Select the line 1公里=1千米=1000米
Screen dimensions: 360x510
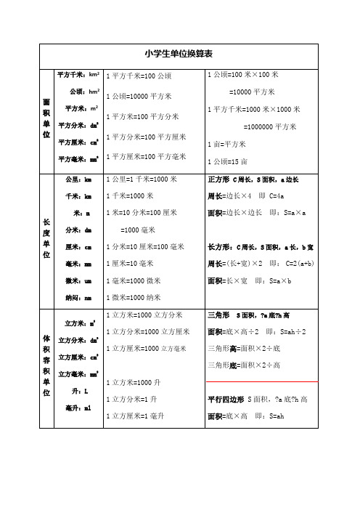point(142,179)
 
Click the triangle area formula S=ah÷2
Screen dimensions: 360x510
point(287,332)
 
